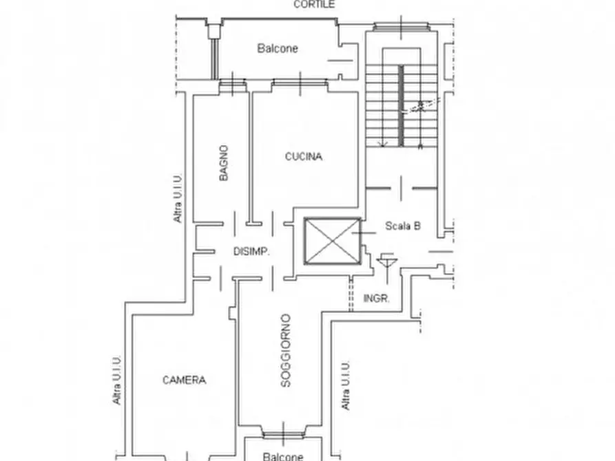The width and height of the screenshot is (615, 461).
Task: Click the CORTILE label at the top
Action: (314, 4)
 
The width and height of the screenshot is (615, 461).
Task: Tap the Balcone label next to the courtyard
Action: (278, 48)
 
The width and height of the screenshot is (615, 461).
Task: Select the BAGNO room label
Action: (223, 163)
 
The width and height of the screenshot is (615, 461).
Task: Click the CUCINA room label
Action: (304, 156)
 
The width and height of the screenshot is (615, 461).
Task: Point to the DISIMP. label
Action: (251, 251)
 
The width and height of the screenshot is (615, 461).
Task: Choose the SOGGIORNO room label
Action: (286, 350)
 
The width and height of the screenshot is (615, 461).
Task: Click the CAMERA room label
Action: (184, 380)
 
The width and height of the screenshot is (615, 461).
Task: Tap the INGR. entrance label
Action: (377, 299)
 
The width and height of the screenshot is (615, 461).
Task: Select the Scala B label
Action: (403, 226)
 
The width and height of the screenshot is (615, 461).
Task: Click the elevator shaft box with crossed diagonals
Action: (333, 241)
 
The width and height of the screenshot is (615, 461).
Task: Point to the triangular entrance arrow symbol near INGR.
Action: (387, 263)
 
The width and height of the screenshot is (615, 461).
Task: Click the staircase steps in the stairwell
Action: (402, 106)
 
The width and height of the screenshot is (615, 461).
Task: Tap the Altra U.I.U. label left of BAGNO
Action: (178, 198)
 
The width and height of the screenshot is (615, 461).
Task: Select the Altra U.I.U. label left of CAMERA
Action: (116, 380)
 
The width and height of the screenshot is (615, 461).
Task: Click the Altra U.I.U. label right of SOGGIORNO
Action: (345, 386)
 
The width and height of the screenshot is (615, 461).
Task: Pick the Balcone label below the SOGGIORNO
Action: (283, 456)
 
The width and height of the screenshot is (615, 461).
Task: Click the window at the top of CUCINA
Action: (300, 83)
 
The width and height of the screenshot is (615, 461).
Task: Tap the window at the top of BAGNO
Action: (233, 83)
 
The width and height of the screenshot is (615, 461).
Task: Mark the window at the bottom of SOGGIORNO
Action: (283, 434)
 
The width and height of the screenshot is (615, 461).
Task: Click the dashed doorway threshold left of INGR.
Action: (351, 294)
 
